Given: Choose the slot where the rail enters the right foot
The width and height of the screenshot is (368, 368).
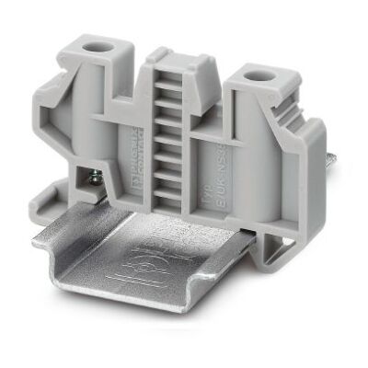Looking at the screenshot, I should (x=276, y=235).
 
